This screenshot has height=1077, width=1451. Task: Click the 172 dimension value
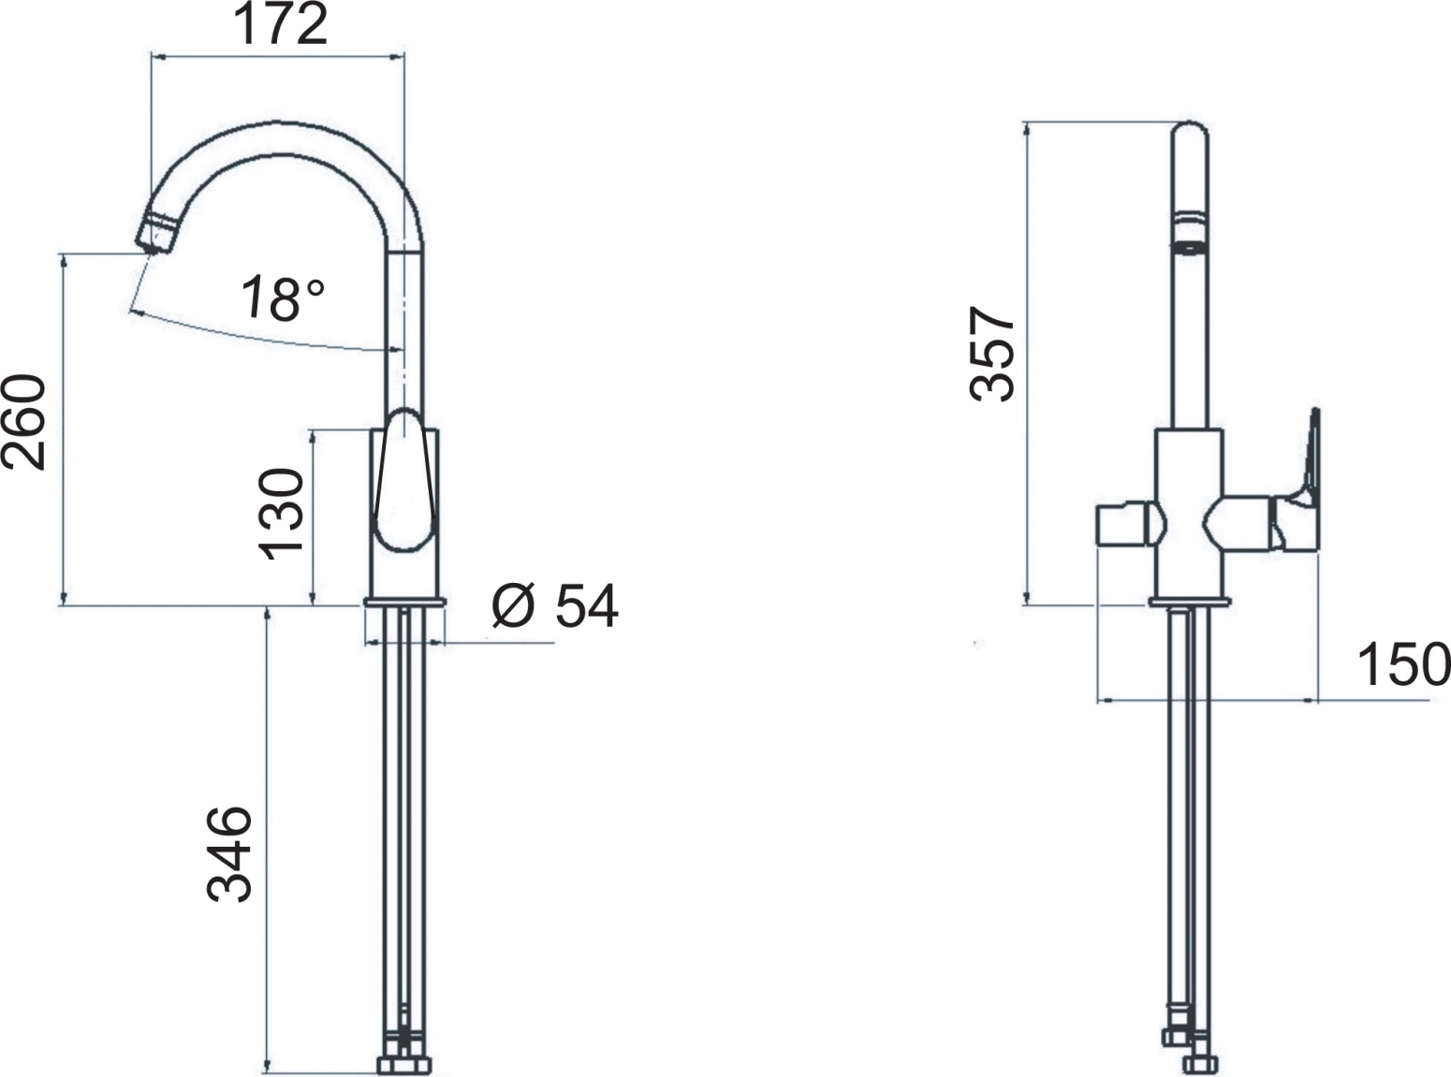280,26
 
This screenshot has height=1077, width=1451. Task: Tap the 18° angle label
281,298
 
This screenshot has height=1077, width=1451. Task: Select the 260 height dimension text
24,422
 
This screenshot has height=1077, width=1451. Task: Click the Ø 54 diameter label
555,605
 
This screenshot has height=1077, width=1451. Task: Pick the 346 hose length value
229,854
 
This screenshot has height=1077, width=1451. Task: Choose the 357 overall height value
991,354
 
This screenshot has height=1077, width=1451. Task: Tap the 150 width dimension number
1404,665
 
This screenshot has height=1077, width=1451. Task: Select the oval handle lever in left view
404,481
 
